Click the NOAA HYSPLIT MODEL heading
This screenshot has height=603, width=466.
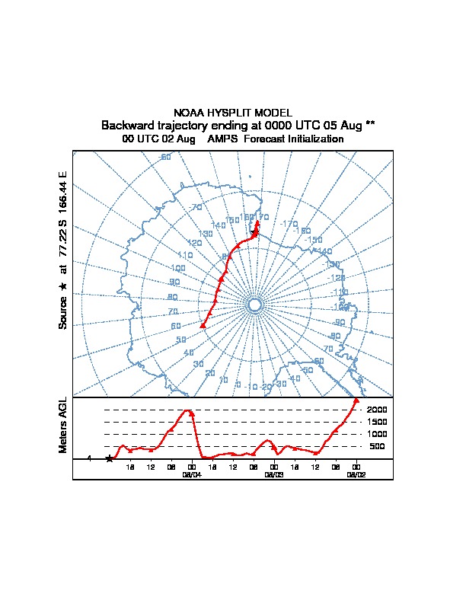point(233,113)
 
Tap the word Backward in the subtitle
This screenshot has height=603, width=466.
point(125,125)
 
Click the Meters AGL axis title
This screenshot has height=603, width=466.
point(62,425)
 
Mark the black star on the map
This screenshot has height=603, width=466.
point(254,233)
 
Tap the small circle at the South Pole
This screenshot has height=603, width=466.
point(254,305)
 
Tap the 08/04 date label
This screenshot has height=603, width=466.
point(191,474)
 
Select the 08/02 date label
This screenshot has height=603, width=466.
point(356,474)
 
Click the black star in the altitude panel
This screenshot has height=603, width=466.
point(110,458)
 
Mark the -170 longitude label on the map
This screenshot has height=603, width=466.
point(289,224)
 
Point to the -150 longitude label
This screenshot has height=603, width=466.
point(314,240)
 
